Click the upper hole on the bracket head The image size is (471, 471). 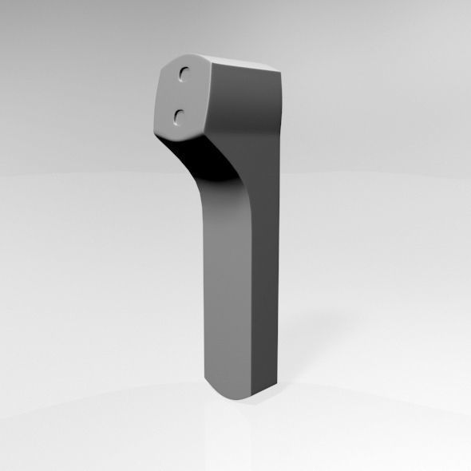tap(185, 73)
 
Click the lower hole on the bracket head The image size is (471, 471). tap(178, 117)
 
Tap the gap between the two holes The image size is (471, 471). tap(182, 95)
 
